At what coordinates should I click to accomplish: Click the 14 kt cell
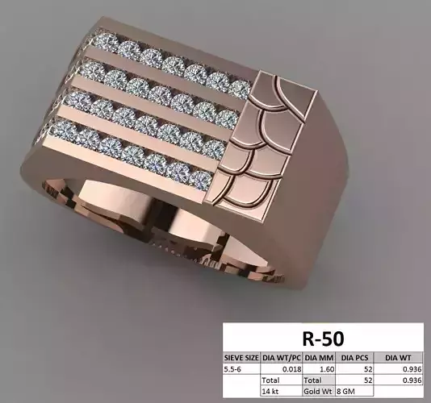(x=271, y=391)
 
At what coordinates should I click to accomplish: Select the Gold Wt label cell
(x=317, y=391)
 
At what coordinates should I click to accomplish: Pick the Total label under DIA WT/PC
(x=271, y=380)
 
